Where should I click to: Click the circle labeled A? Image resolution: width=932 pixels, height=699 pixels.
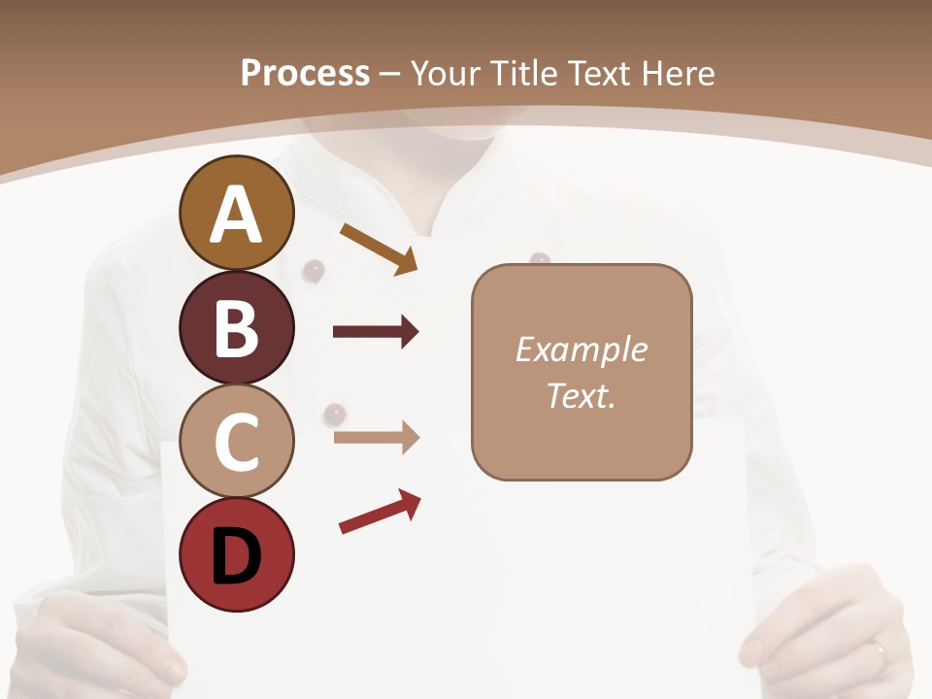[x=237, y=214]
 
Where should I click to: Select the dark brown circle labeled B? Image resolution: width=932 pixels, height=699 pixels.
[x=237, y=327]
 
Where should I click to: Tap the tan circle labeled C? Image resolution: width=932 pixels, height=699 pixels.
[x=237, y=441]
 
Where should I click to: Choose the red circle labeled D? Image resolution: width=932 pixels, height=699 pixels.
[x=237, y=554]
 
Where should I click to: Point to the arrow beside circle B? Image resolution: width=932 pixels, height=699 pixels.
[x=376, y=332]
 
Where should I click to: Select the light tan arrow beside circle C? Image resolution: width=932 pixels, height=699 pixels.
[x=376, y=438]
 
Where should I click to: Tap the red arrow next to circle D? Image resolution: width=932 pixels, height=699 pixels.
[x=380, y=512]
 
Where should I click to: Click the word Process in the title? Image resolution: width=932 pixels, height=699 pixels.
[x=305, y=73]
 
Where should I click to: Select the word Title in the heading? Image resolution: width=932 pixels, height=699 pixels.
[x=525, y=73]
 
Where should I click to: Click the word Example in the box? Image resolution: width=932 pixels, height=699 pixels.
[x=581, y=349]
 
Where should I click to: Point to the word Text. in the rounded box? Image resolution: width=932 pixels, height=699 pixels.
[x=581, y=396]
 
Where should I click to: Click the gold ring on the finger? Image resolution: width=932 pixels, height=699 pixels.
[x=879, y=649]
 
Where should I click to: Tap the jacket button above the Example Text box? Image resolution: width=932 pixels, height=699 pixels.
[x=540, y=258]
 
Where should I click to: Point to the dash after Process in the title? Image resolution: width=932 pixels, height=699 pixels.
[x=390, y=75]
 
